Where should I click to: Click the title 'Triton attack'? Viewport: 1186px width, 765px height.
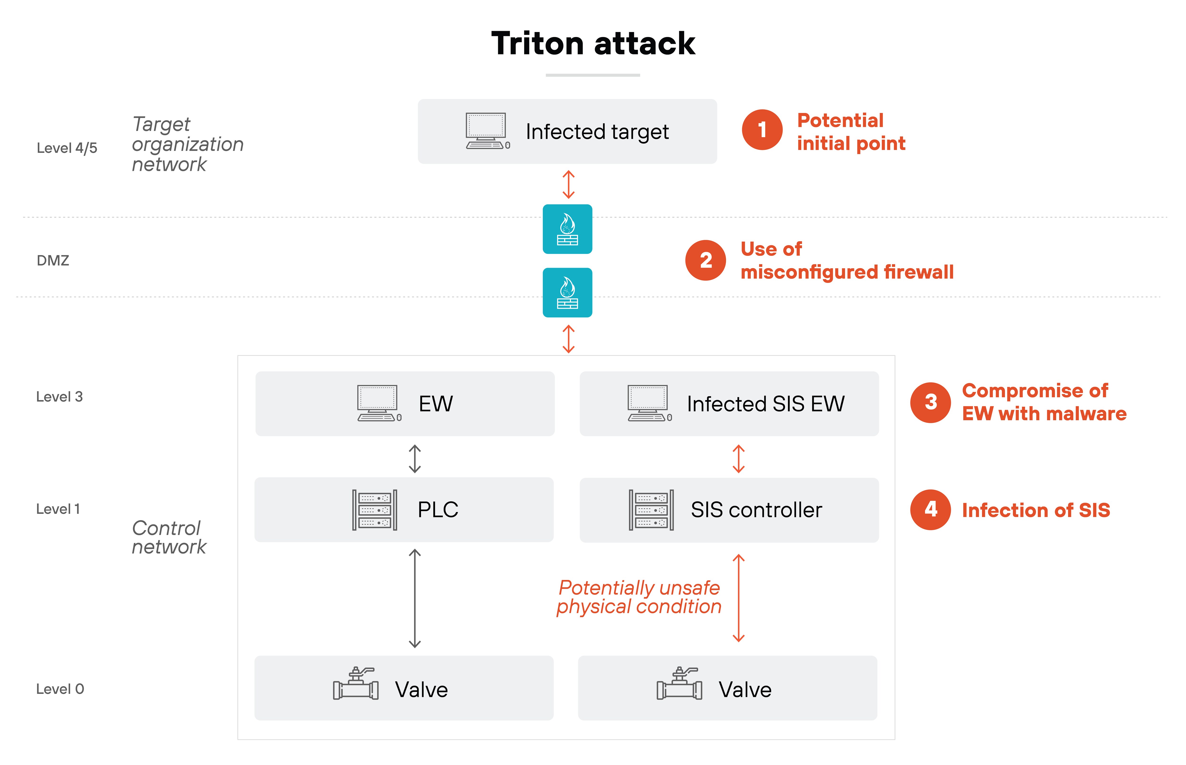593,44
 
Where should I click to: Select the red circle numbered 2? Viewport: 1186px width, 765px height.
705,260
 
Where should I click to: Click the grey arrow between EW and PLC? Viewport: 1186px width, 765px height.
415,458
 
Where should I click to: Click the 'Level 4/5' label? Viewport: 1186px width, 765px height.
67,148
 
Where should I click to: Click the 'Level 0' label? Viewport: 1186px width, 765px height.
60,689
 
